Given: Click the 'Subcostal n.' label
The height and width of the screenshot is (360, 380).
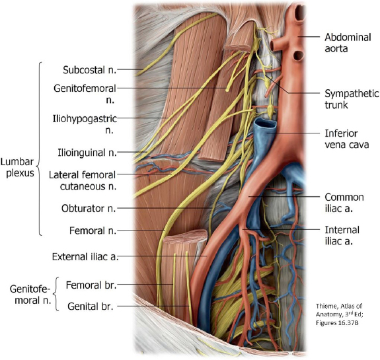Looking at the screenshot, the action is point(90,70).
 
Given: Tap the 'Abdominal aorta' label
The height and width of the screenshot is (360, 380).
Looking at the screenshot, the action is point(348,43).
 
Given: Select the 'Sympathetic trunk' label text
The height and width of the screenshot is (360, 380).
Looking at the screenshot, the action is point(352,99).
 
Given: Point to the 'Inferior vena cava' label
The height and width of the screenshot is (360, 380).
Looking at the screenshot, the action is point(347,139).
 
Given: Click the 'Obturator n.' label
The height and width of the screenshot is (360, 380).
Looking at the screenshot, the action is point(89,208).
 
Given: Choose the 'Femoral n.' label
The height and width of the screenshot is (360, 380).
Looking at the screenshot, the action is point(93,231).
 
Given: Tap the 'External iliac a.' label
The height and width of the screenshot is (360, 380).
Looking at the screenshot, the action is point(85,257).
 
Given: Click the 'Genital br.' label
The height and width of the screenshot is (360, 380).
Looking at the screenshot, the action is point(91,306).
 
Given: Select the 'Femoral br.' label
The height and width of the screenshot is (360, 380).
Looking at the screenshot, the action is point(91,285).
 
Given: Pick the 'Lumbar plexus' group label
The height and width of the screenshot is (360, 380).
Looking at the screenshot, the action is point(17,167).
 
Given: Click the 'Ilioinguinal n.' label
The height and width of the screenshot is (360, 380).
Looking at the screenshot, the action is point(87,153).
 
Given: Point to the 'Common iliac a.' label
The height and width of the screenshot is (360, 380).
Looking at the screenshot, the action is point(344,203).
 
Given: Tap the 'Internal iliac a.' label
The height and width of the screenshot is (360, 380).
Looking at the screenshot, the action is point(342,235).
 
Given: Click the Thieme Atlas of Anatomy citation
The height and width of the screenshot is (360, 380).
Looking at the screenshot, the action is point(339,314).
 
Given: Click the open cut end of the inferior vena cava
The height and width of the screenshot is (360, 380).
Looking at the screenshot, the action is point(264,124).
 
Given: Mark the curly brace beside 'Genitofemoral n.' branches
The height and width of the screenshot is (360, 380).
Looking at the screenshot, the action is point(56,294).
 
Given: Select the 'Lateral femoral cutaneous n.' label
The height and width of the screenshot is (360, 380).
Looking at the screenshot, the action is point(83,180).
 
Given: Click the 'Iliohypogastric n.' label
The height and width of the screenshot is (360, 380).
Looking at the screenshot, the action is point(85,124).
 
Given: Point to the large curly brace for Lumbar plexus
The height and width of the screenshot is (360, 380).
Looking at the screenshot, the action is point(39,149).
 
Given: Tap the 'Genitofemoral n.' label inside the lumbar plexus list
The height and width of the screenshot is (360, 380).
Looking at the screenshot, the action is point(85,94).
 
